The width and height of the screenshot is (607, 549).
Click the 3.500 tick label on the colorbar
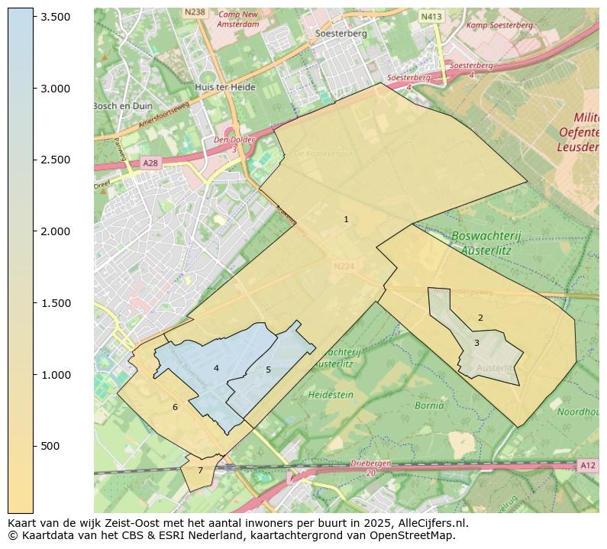coord(55,17)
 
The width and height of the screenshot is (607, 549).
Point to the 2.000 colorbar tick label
coord(55,231)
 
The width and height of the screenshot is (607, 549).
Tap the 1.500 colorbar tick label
coord(55,303)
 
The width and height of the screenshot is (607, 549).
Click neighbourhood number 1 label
coord(346,219)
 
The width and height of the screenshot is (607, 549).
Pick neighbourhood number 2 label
coord(480,318)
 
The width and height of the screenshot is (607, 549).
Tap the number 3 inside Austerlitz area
coord(476,343)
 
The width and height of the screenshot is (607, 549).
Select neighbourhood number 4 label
coord(216,368)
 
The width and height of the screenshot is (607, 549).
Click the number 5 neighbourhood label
coord(268,370)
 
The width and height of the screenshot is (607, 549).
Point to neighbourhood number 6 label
coord(175,407)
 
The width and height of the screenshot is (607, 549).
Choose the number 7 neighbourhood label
coord(200,470)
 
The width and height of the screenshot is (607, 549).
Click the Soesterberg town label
coord(341,34)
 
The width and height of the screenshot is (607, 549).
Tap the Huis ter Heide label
coord(224,87)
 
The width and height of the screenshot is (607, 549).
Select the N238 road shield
coord(195,12)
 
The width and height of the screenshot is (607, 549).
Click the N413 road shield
coord(431,16)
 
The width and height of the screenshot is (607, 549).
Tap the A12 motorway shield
coord(586,465)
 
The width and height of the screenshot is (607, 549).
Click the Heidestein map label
coord(331,395)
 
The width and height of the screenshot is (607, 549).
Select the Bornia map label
coord(429,405)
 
